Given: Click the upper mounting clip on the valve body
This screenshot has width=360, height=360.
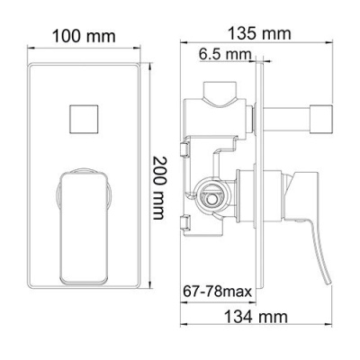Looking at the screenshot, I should click(x=184, y=143).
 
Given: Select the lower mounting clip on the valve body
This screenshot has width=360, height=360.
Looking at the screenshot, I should click(x=184, y=220).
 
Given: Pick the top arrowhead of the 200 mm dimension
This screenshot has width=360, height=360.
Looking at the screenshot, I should click(x=147, y=65).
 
